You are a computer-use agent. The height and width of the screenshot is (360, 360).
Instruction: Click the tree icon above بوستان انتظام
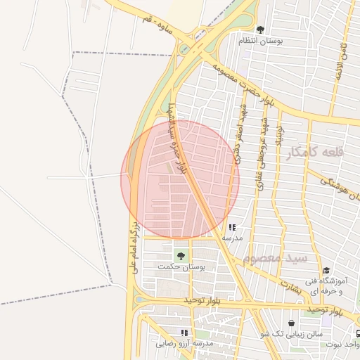pyautogui.click(x=260, y=30)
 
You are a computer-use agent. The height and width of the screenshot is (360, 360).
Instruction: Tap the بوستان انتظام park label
pyautogui.click(x=260, y=41)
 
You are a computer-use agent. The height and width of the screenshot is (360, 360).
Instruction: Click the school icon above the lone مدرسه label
pyautogui.click(x=232, y=227)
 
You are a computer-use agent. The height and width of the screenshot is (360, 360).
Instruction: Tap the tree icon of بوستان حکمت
pyautogui.click(x=181, y=255)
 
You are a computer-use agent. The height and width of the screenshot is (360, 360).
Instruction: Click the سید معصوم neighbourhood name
pyautogui.click(x=275, y=259)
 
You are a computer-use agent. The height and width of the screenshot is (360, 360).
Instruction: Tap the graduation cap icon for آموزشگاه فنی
pyautogui.click(x=326, y=270)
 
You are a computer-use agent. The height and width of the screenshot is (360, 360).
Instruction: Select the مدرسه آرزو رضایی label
pyautogui.click(x=184, y=343)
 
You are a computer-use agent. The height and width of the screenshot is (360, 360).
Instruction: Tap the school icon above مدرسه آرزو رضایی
pyautogui.click(x=184, y=332)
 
